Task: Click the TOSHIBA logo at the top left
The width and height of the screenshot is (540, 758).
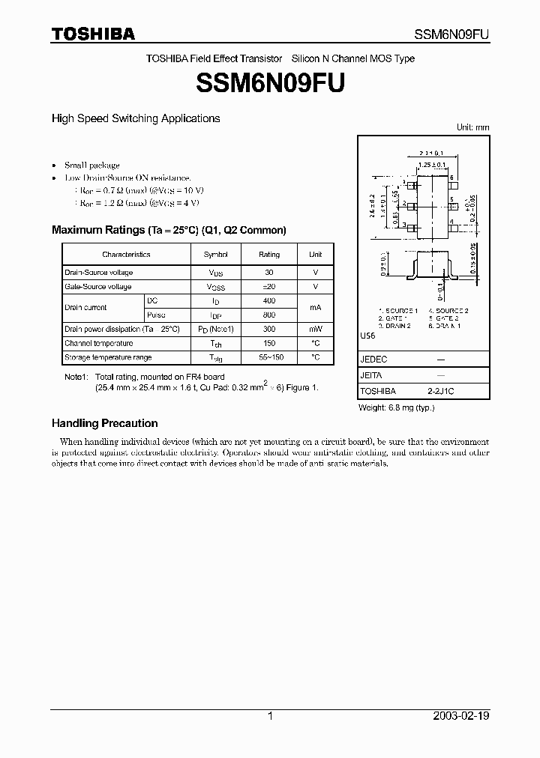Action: coord(93,34)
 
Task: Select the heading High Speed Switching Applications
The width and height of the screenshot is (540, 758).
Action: coord(135,118)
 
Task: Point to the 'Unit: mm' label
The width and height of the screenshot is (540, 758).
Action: coord(472,127)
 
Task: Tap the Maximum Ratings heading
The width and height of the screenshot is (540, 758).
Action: coord(168,230)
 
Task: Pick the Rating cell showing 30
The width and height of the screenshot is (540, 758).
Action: coord(269,273)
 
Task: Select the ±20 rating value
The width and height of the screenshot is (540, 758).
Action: coord(269,287)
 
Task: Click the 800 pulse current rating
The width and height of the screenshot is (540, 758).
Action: coord(269,315)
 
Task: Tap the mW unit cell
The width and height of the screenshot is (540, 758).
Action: coord(315,329)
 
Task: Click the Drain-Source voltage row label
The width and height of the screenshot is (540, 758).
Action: coord(98,273)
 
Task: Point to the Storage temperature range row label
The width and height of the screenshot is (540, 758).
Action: coord(108,357)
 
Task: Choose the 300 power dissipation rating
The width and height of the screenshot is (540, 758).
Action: coord(269,329)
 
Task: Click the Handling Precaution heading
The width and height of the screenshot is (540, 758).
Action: coord(104,423)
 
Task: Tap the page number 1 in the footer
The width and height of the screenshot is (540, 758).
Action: coord(270,716)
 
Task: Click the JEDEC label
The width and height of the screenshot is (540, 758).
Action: coord(373,360)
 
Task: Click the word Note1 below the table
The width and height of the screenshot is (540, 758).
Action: coord(76,377)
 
